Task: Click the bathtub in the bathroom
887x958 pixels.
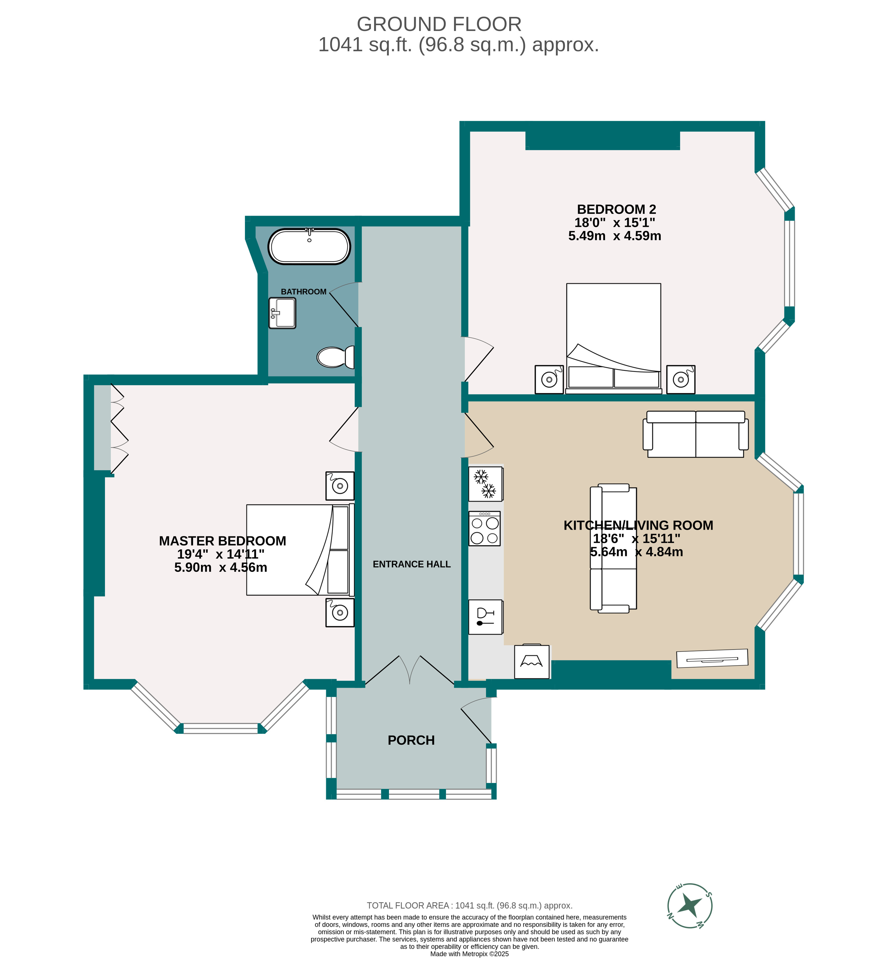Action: [309, 246]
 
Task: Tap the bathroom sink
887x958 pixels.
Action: [282, 313]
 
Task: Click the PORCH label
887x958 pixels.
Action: [411, 740]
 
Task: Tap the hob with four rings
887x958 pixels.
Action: [484, 529]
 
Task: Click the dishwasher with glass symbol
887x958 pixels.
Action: [485, 617]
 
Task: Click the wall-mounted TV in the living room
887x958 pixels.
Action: [712, 658]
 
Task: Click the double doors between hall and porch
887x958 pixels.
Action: [409, 670]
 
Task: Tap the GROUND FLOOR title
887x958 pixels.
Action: [439, 24]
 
